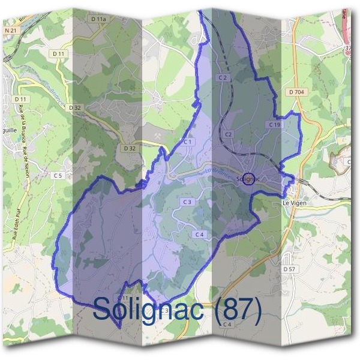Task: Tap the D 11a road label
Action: (x=99, y=19)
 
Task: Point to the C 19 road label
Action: (x=274, y=124)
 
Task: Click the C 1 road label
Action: (x=188, y=142)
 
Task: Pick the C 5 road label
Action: (x=58, y=175)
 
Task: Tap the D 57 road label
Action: (x=290, y=269)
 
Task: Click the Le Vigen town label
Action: (x=295, y=204)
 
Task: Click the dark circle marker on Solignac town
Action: (x=250, y=178)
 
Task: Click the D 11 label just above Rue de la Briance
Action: (x=21, y=99)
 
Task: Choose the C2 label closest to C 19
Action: (x=228, y=134)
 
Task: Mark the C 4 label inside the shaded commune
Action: (x=199, y=234)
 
